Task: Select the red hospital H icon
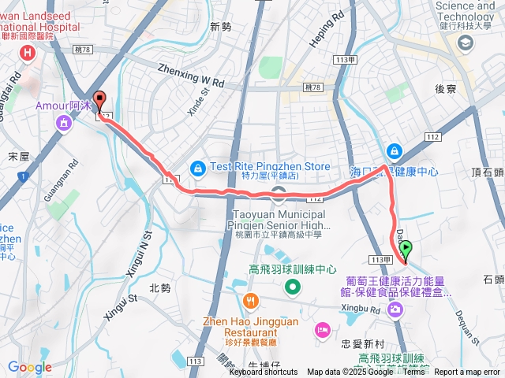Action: tap(29, 53)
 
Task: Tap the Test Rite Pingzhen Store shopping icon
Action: tap(197, 167)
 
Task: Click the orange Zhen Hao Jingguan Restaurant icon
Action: tap(250, 300)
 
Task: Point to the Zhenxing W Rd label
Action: tap(192, 75)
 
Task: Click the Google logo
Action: tap(29, 367)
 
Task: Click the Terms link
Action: tap(413, 372)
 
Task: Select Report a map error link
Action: tap(467, 372)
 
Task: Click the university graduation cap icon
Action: tap(464, 44)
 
